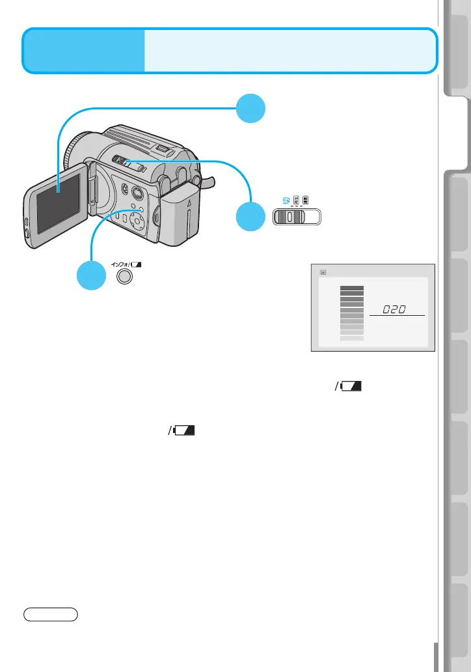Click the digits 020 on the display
(396, 309)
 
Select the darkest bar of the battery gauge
(352, 287)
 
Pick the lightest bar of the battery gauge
(352, 338)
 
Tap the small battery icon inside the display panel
(323, 273)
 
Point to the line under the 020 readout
(396, 316)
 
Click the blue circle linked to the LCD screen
(251, 108)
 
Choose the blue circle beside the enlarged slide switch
(251, 216)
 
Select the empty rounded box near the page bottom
(51, 613)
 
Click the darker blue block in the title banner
(84, 50)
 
